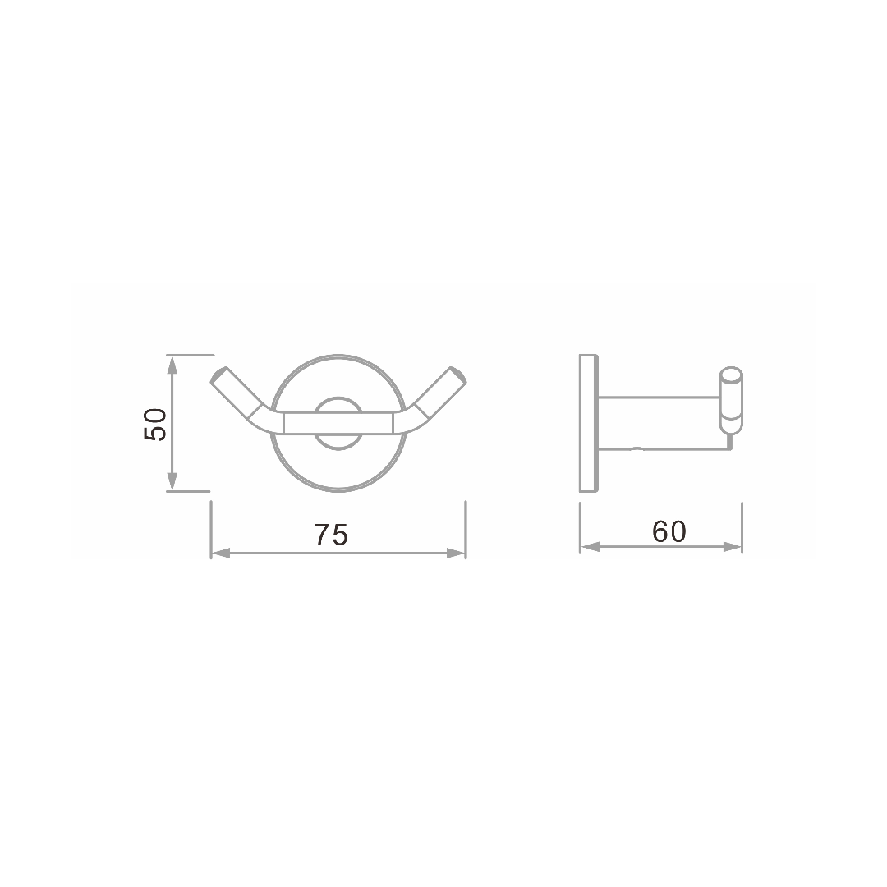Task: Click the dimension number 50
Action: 155,425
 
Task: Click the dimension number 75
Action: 332,535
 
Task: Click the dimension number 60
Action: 669,531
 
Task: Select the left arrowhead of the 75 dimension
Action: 221,554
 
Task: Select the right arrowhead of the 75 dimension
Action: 455,554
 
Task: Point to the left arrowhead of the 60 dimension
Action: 590,546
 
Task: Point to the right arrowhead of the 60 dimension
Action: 732,546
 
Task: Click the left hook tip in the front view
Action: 218,375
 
